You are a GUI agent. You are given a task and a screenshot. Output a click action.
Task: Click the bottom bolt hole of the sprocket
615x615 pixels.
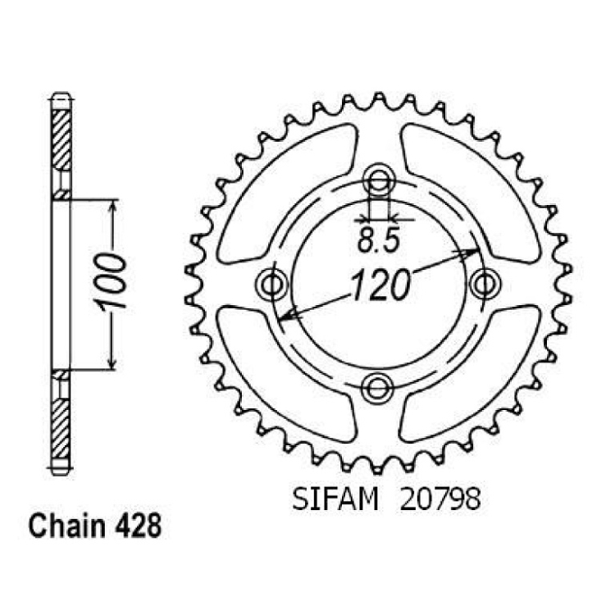tap(378, 388)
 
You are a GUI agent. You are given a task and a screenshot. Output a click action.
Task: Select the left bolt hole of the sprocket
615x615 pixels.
tap(271, 284)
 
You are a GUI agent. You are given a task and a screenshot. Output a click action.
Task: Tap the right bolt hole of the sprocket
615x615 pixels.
tap(485, 283)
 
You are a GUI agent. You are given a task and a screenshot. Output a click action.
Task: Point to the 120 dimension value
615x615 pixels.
tap(380, 285)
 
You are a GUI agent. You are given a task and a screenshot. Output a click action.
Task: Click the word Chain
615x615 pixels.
tap(67, 526)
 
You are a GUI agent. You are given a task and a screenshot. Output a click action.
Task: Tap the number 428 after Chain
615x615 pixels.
tap(138, 526)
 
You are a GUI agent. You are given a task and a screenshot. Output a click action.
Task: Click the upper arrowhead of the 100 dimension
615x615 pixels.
tap(113, 208)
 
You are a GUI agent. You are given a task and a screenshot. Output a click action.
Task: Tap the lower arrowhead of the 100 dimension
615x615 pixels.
tap(112, 361)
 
